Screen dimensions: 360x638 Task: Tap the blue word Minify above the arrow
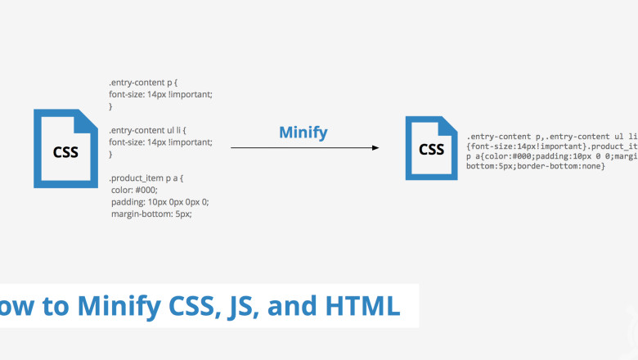(303, 132)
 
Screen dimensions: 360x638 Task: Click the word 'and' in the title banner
(286, 305)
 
